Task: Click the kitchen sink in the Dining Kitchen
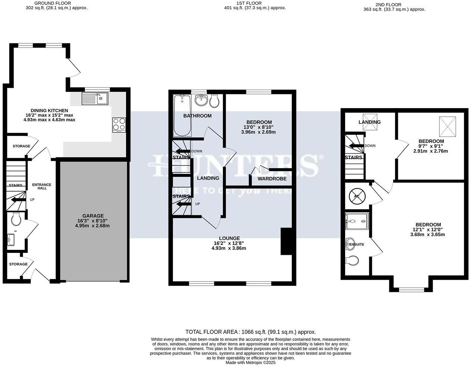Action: [x=95, y=99]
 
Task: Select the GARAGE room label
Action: [x=93, y=216]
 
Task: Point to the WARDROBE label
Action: [x=272, y=179]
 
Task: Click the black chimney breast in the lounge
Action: [x=286, y=241]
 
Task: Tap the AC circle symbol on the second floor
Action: [x=356, y=196]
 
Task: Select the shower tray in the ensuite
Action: [x=357, y=222]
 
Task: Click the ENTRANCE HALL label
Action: [x=42, y=186]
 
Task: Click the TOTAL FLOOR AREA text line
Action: [x=250, y=332]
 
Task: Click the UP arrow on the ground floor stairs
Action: [x=17, y=200]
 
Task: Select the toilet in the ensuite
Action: [x=352, y=260]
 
